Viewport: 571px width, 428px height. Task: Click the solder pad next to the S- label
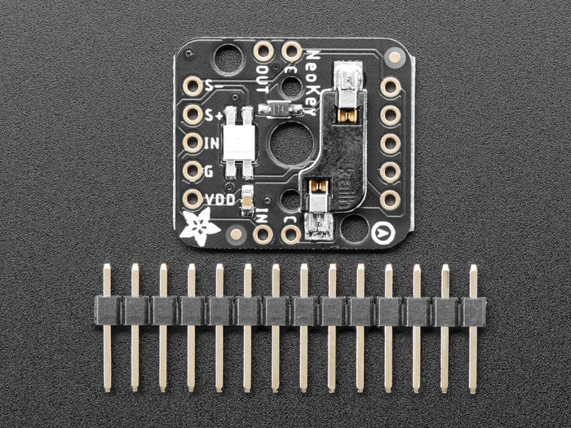point(193,86)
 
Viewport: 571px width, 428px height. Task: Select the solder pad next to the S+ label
point(193,115)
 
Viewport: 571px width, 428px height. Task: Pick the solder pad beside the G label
point(193,171)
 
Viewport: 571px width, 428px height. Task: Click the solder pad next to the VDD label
point(193,199)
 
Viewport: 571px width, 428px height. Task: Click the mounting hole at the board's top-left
point(228,58)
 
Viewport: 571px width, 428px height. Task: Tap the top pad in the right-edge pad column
point(390,87)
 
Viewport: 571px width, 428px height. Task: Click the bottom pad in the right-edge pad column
point(390,199)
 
